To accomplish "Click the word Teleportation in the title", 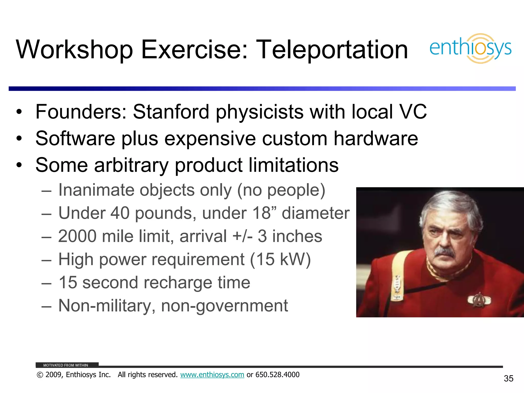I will (x=332, y=50).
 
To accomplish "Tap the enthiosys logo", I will (x=470, y=48).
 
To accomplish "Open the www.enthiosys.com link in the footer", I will (x=212, y=375).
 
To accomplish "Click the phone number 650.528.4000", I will (x=277, y=375).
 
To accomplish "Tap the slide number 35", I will (x=508, y=378).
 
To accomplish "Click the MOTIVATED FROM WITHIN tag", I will (x=66, y=365).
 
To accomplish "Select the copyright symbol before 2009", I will (x=40, y=375).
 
